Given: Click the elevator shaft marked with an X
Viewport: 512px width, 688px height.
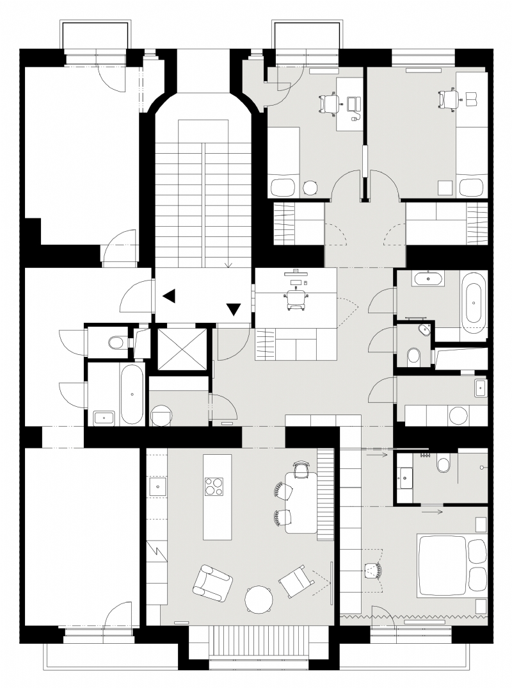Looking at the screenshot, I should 182,349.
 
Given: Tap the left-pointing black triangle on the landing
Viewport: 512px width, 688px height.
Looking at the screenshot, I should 169,296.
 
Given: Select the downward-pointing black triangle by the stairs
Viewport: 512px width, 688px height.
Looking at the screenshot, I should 234,309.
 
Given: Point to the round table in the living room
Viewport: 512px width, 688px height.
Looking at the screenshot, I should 259,600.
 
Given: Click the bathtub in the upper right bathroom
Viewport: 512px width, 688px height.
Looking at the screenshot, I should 474,302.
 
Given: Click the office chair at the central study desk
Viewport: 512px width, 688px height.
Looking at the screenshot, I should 296,299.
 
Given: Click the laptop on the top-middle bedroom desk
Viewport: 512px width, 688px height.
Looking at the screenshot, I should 353,103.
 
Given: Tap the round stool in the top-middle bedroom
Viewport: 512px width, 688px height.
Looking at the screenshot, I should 310,187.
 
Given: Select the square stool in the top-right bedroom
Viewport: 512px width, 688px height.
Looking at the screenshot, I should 445,188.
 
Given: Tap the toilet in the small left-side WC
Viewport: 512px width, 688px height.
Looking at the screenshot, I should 116,343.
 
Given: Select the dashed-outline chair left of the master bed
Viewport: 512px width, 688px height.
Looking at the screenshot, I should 372,569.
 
